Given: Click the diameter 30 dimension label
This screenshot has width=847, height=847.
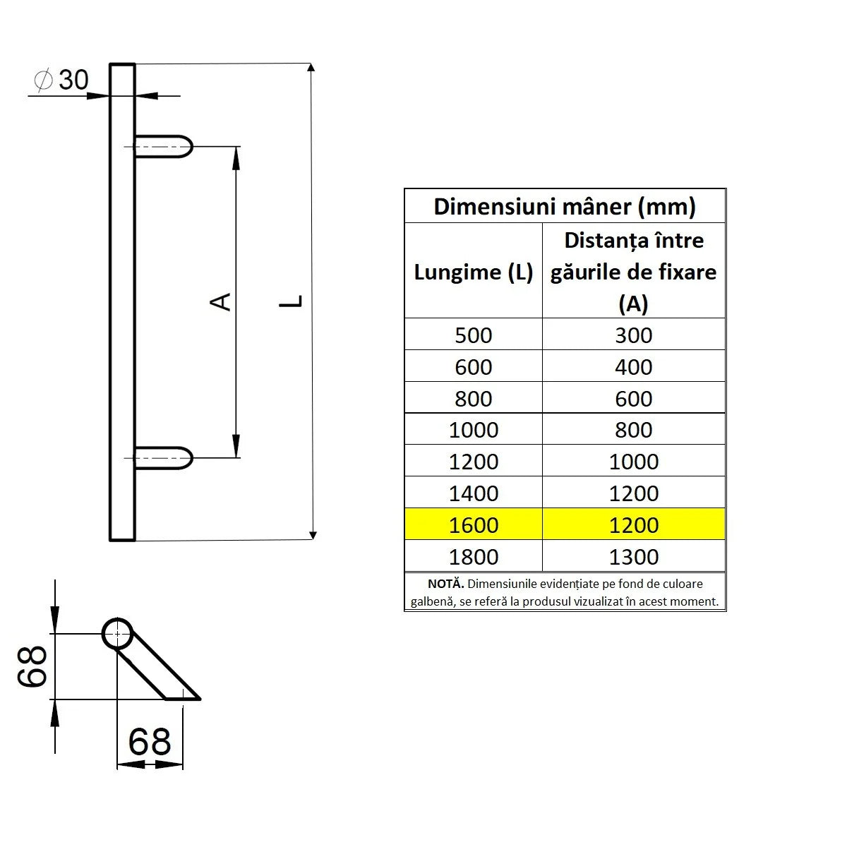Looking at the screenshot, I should tap(63, 80).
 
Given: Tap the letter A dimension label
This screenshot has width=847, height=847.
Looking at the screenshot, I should tap(222, 301).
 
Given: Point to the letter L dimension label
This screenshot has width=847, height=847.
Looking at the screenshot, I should tap(291, 301).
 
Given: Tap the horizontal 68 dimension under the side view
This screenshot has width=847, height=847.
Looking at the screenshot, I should tap(150, 742).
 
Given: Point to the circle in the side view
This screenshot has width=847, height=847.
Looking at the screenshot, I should tap(117, 634).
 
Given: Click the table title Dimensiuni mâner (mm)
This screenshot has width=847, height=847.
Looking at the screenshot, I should tap(565, 207).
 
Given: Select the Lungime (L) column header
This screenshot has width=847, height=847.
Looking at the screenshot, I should tap(473, 272).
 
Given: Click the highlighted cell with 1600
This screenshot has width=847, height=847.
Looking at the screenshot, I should tap(473, 525).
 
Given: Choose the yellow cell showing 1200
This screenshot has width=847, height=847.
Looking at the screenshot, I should tap(633, 525).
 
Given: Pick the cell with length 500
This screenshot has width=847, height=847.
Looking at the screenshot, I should tap(473, 335).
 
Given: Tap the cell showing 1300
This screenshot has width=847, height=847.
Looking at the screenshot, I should tap(633, 557).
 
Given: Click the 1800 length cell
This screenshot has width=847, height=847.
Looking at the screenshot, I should tap(473, 557).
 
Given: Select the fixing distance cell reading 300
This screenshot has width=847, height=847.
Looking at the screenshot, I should tap(633, 335).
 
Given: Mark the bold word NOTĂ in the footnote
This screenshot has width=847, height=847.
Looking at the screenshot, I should tap(446, 584).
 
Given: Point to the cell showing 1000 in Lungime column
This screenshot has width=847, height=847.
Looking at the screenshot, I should tap(473, 430).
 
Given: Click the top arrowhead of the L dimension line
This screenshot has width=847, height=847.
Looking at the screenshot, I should tap(312, 68).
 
